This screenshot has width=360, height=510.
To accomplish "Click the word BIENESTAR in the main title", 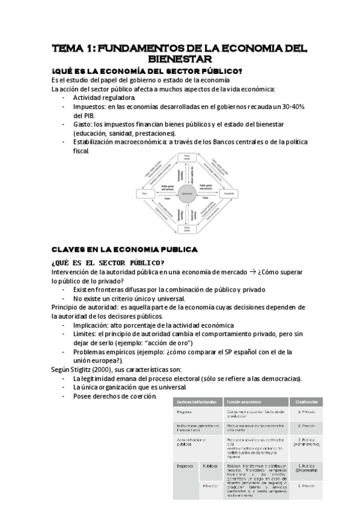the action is pos(180,59).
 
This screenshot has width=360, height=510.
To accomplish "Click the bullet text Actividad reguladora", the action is pos(104,97).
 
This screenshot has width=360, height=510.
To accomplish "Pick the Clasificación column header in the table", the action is pos(306,401).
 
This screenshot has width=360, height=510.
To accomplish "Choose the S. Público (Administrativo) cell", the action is pos(306,443).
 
